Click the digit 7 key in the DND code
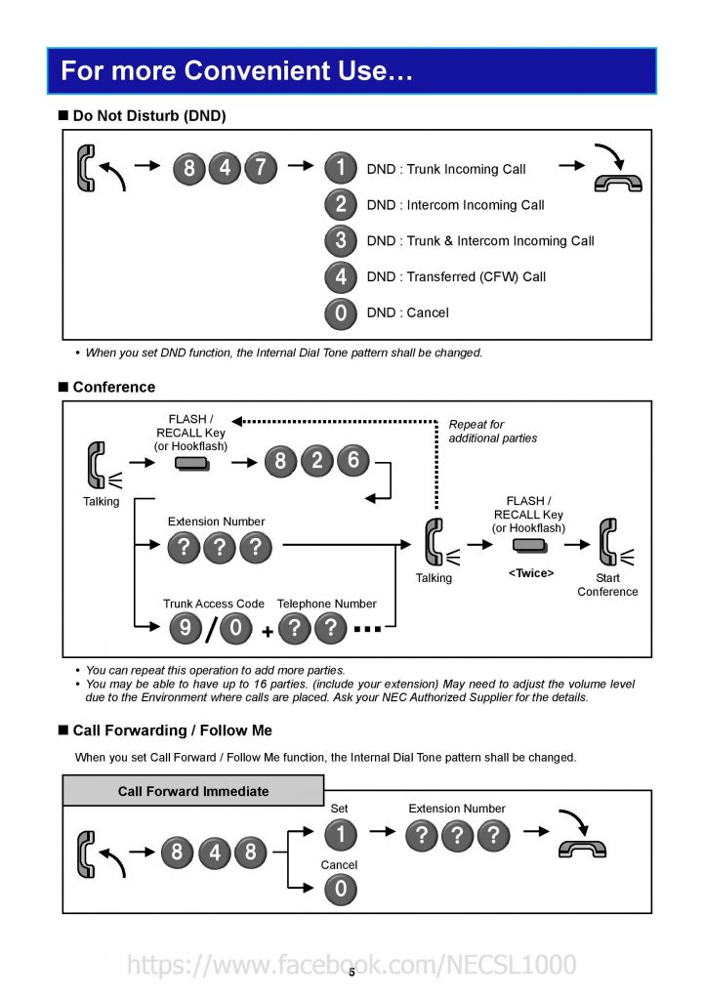click(261, 168)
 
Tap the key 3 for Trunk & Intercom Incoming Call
click(341, 240)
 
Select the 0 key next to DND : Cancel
click(341, 312)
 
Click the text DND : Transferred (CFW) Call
click(456, 276)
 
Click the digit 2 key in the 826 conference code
click(317, 461)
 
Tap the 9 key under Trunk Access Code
click(186, 628)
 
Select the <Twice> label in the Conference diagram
click(531, 573)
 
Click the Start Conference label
click(607, 585)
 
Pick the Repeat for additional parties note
click(492, 431)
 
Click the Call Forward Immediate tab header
click(193, 791)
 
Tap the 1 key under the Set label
click(341, 834)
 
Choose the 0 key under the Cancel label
click(341, 889)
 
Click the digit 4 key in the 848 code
click(214, 852)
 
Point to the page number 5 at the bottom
click(352, 973)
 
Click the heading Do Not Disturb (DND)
click(149, 115)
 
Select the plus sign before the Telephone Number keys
click(268, 632)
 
